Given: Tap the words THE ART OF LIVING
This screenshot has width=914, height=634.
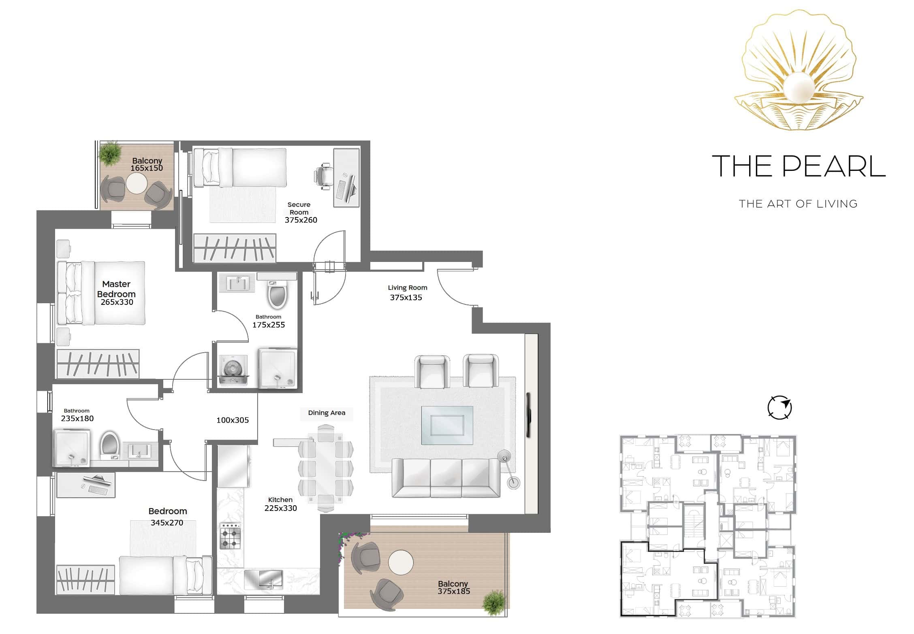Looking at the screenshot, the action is click(x=798, y=204).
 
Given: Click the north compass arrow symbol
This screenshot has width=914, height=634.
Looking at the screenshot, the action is click(x=779, y=407).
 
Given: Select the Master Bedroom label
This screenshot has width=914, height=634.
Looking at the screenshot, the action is click(x=116, y=289).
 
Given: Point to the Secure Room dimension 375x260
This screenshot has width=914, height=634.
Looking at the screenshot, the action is click(x=301, y=220).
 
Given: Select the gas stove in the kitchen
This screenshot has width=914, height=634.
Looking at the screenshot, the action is click(x=230, y=536).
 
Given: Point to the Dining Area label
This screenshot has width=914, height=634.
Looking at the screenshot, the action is click(x=327, y=413).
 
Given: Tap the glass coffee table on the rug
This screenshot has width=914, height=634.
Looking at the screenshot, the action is click(x=447, y=425).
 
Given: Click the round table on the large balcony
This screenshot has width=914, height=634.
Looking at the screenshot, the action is click(x=401, y=562).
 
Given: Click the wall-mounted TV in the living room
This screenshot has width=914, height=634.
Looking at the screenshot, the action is click(x=529, y=415).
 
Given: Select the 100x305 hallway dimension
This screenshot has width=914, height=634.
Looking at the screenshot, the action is click(x=233, y=420).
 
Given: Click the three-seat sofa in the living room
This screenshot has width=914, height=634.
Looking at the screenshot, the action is click(x=446, y=478).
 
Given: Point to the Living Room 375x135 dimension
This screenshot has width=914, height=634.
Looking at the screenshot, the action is click(x=406, y=298).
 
